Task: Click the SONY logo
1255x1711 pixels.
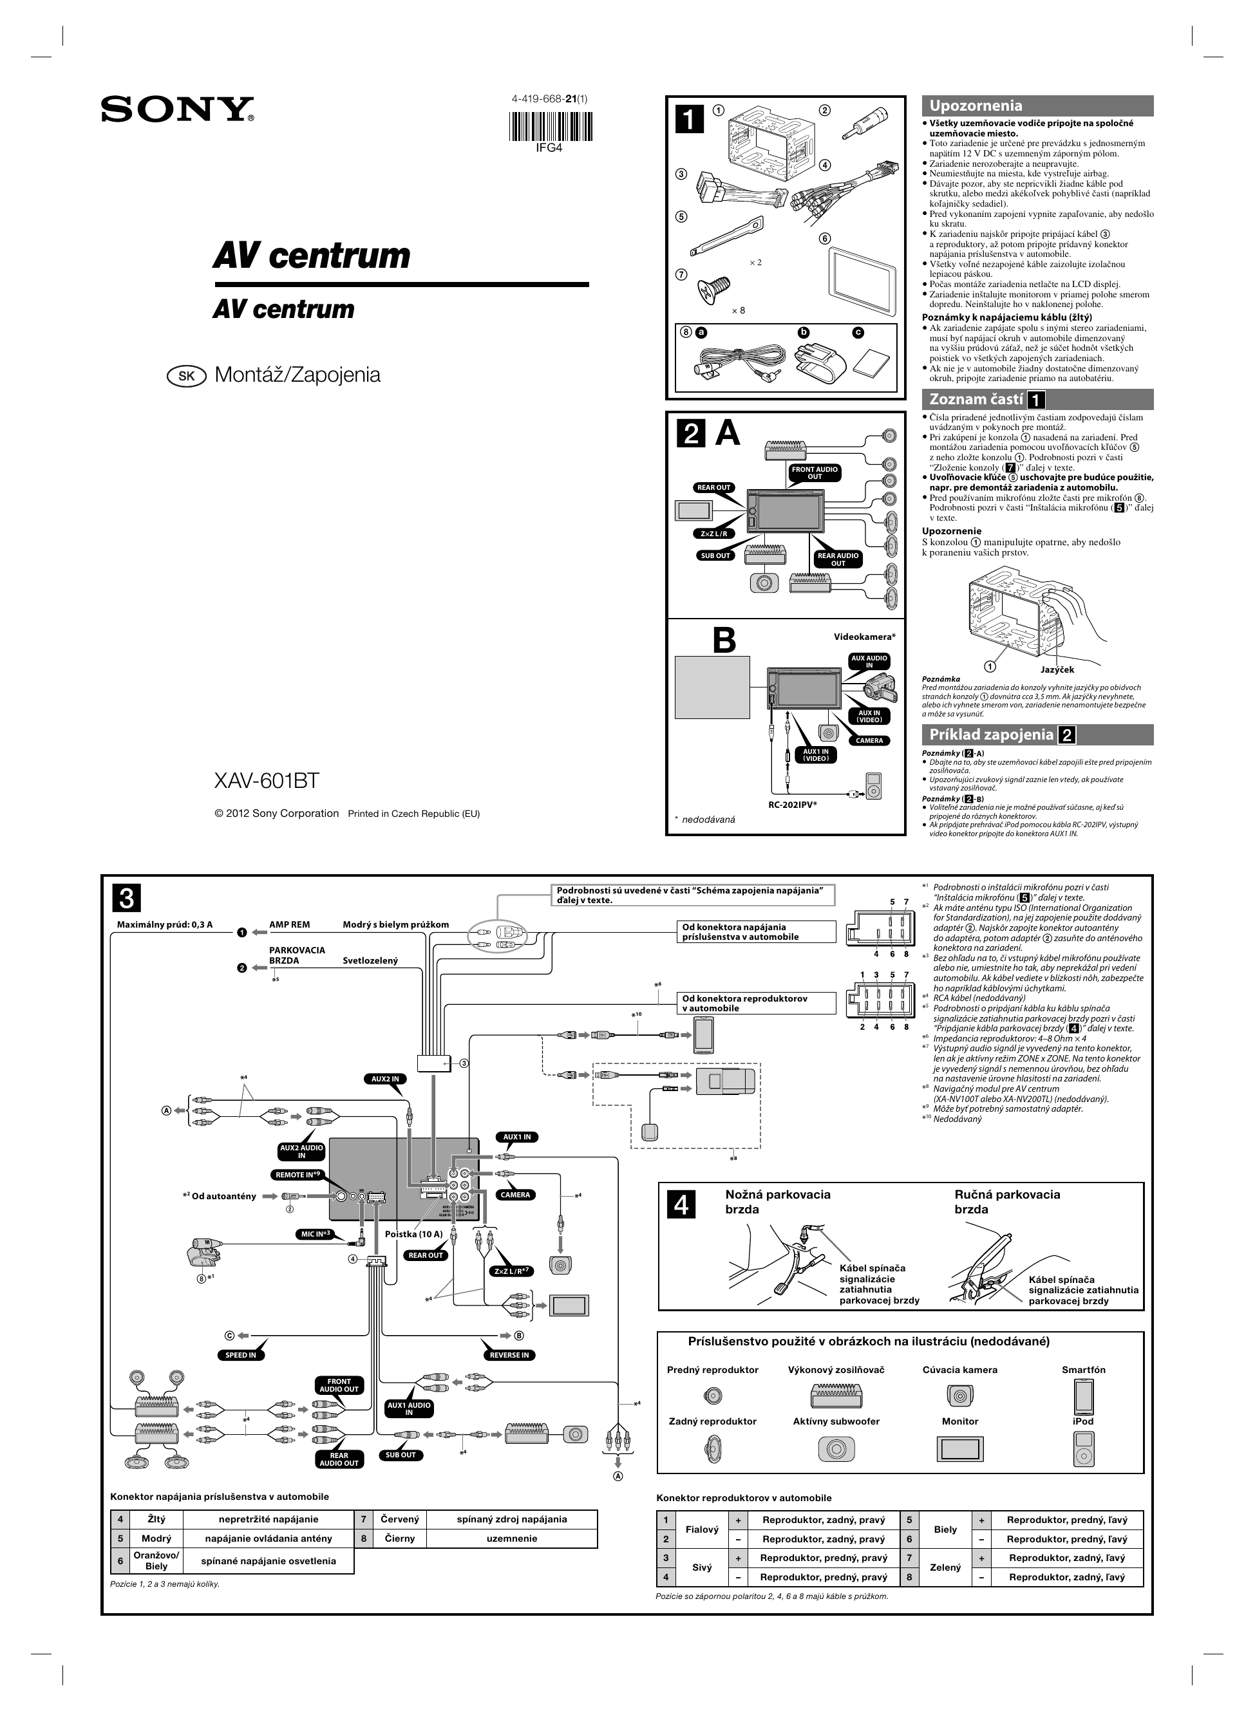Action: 177,109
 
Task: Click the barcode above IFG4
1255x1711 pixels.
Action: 549,126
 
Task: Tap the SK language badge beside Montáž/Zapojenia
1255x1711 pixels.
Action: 187,376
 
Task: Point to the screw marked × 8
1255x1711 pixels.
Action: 714,289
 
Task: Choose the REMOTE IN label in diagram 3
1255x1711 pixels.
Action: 299,1175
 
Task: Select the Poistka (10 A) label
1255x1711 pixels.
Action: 413,1234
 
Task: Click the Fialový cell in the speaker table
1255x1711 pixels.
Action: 701,1529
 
